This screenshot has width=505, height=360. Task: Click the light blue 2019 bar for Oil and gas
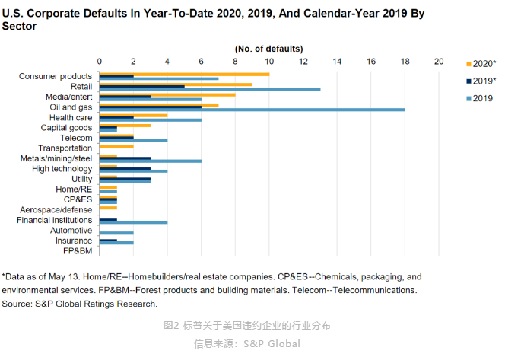click(x=252, y=110)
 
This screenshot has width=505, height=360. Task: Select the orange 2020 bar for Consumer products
click(x=184, y=75)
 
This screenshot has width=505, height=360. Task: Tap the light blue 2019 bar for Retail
click(x=210, y=89)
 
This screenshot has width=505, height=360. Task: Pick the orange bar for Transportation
click(x=116, y=146)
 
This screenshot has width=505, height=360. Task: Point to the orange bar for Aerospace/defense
click(x=108, y=208)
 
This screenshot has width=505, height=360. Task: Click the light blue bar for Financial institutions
click(x=133, y=222)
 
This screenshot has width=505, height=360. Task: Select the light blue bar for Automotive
click(x=116, y=233)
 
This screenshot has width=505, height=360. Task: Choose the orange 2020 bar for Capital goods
click(x=125, y=126)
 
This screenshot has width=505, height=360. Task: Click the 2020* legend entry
click(x=481, y=64)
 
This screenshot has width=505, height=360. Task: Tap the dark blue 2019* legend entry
click(x=481, y=81)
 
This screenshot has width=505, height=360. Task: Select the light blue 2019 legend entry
click(x=480, y=99)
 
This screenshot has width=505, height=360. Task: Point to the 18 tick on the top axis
click(x=405, y=62)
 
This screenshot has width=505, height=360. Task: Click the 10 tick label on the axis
click(x=269, y=62)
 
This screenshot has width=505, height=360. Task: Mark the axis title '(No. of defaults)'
click(x=269, y=49)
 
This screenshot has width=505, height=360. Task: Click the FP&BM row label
click(x=78, y=251)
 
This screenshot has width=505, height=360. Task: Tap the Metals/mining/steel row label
click(x=56, y=158)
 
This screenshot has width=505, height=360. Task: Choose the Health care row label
click(x=71, y=118)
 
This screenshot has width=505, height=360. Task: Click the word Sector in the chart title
click(x=19, y=26)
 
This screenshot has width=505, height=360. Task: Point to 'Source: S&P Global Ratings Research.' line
click(x=80, y=304)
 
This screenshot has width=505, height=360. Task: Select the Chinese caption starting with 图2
click(x=247, y=326)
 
